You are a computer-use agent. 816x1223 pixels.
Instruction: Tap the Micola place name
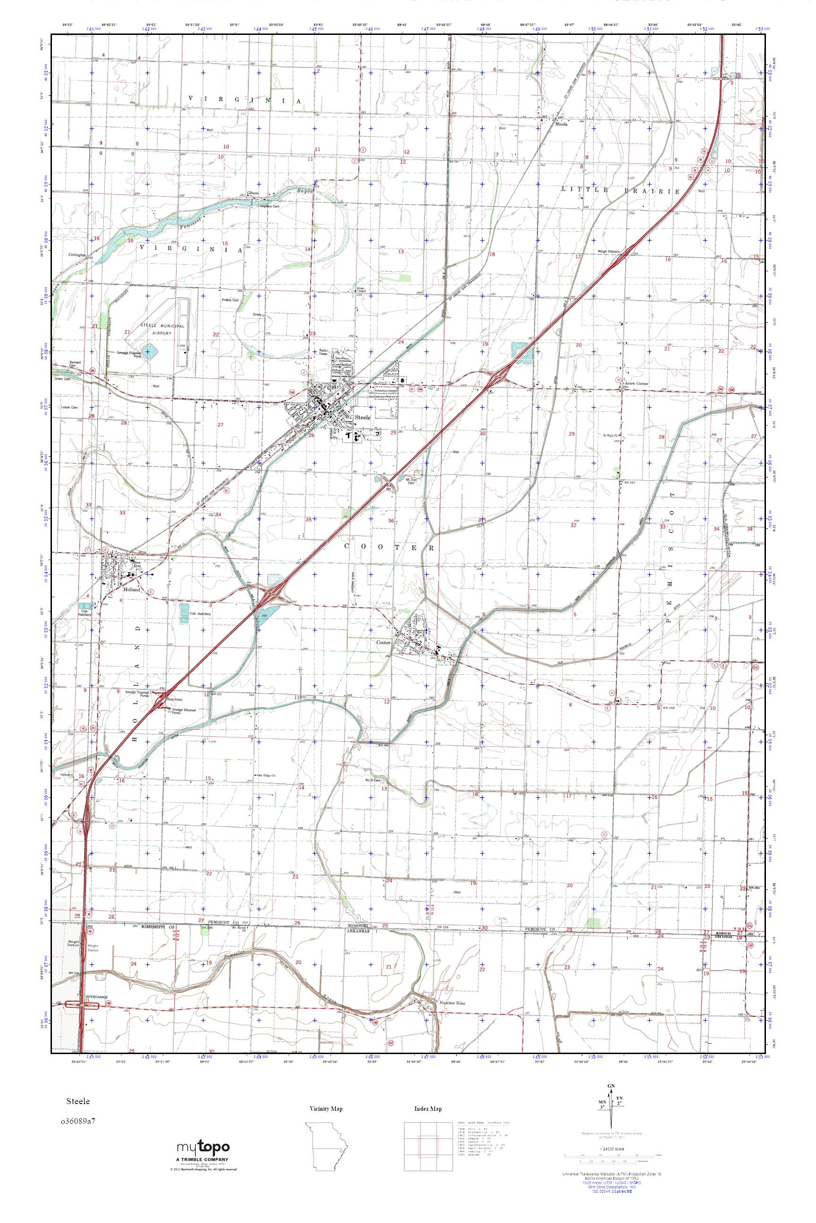pyautogui.click(x=562, y=125)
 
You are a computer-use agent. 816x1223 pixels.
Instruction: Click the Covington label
pyautogui.click(x=76, y=255)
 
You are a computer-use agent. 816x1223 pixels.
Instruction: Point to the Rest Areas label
pyautogui.click(x=174, y=699)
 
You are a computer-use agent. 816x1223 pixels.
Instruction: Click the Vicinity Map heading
pyautogui.click(x=326, y=1109)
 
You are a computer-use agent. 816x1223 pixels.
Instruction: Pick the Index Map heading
pyautogui.click(x=428, y=1109)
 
